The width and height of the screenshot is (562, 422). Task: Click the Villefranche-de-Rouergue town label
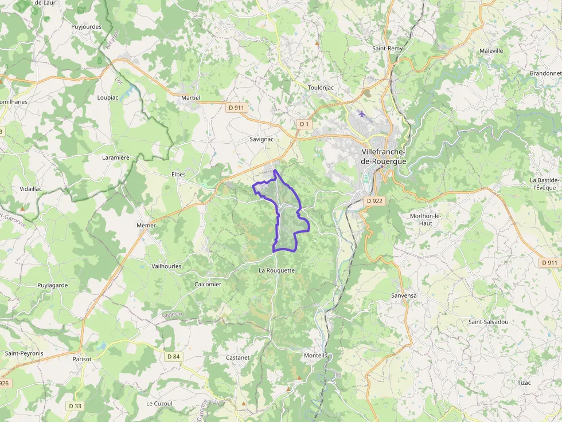[383, 156]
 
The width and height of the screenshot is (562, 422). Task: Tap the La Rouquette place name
[276, 270]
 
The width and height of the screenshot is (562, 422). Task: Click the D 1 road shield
[304, 124]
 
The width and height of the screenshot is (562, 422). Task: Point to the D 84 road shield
[173, 357]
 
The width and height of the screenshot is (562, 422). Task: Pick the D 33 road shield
[75, 406]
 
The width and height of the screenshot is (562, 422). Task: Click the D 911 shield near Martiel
[235, 107]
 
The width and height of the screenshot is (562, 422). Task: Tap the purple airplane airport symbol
[361, 113]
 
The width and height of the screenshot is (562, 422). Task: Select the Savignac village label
[262, 139]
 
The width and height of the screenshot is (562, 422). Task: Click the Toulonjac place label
[321, 88]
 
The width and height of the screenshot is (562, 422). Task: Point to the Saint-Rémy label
[388, 49]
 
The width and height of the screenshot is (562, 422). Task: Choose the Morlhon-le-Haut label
[425, 219]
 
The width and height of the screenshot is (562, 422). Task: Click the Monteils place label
[315, 356]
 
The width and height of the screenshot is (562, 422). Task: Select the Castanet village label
[237, 357]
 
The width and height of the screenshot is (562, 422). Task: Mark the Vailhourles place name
[166, 266]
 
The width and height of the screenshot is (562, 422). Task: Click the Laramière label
[116, 157]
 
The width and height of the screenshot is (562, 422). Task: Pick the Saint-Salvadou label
[488, 322]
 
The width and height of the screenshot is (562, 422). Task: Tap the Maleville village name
[491, 51]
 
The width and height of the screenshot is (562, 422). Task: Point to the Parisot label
[82, 359]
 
